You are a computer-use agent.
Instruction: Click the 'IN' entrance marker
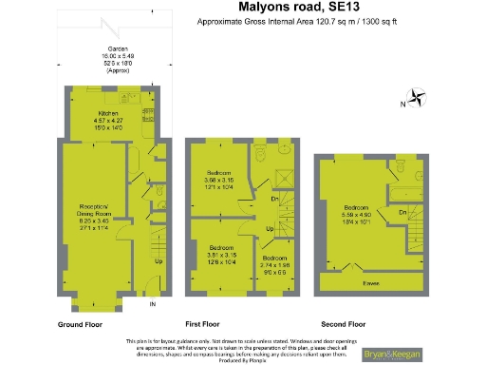tap(152, 303)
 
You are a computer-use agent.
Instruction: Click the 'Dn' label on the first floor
tap(274, 200)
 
